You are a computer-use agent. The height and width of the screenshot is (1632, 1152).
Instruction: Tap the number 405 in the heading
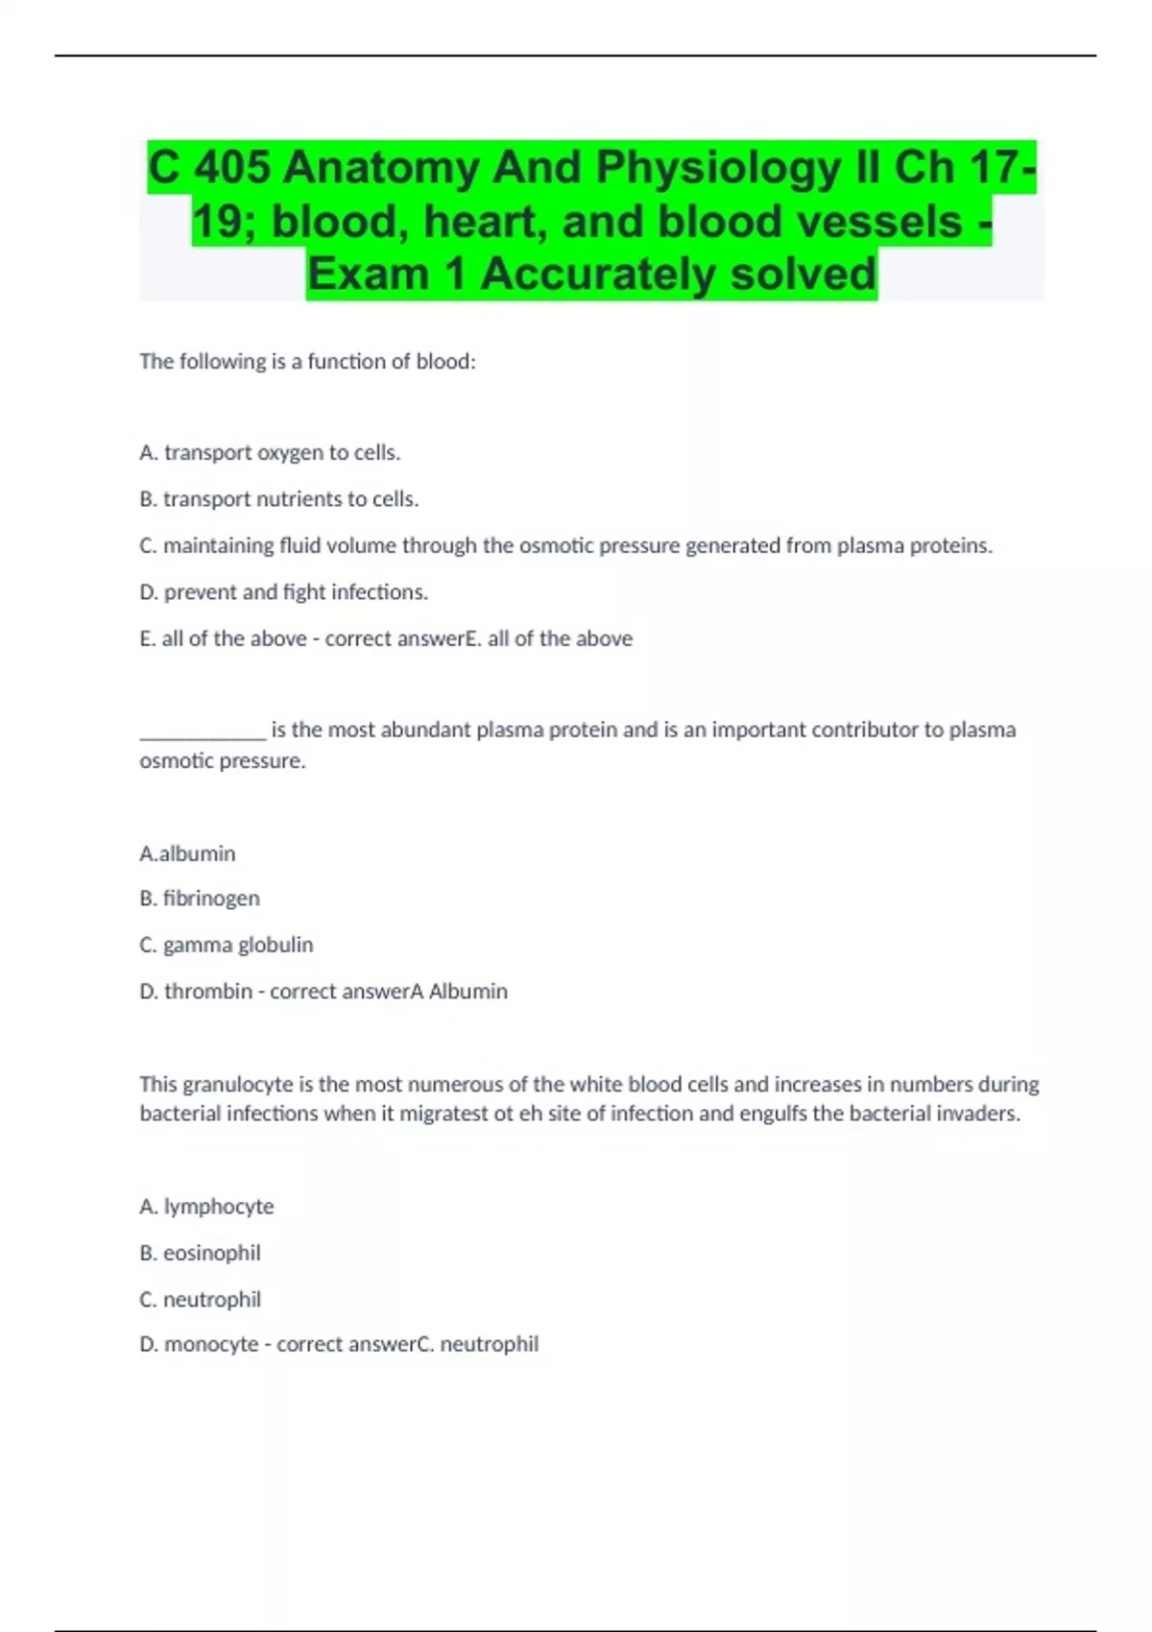click(x=232, y=168)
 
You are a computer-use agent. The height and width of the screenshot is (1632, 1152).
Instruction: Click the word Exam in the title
click(x=368, y=275)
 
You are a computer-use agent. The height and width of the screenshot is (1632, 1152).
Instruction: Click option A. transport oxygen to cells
click(x=270, y=452)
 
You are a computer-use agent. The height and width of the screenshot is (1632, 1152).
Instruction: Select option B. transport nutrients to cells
click(x=278, y=499)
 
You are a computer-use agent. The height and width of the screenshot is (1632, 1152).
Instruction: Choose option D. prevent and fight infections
click(x=283, y=592)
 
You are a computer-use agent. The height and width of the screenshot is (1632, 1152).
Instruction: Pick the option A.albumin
click(x=187, y=853)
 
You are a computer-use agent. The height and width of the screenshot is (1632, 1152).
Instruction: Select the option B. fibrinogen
click(x=200, y=899)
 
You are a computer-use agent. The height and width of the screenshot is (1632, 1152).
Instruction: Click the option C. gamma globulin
click(x=227, y=945)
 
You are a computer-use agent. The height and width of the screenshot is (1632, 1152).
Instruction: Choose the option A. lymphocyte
click(x=206, y=1207)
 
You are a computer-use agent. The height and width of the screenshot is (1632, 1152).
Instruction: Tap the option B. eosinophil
click(x=200, y=1253)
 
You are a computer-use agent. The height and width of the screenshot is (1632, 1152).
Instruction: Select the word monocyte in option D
click(x=211, y=1344)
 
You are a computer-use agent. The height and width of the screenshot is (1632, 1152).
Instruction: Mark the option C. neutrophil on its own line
click(x=200, y=1299)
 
